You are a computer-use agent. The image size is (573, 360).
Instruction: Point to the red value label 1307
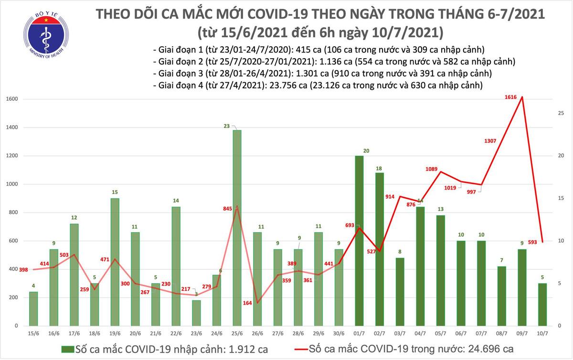(492, 141)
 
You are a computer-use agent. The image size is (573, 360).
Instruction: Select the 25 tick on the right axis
(562, 113)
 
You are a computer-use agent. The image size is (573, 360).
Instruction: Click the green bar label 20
(366, 150)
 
